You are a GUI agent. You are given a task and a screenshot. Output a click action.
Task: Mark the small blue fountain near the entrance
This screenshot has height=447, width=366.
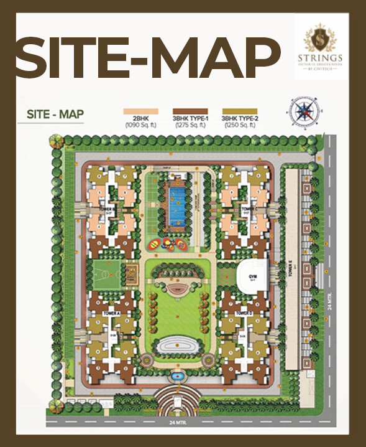click(176, 376)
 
